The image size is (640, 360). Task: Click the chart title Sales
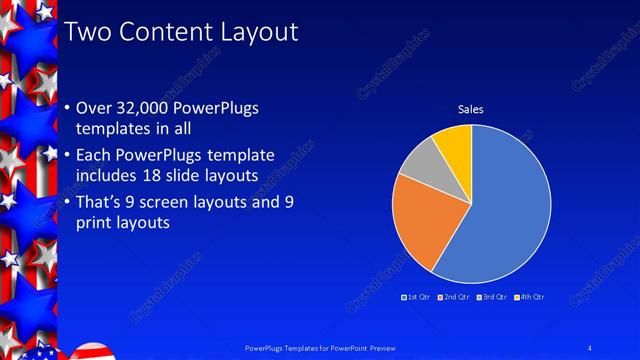click(471, 108)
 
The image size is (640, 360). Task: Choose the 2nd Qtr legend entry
click(454, 298)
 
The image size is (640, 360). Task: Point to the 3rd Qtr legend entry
click(492, 298)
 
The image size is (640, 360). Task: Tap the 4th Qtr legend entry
click(530, 298)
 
